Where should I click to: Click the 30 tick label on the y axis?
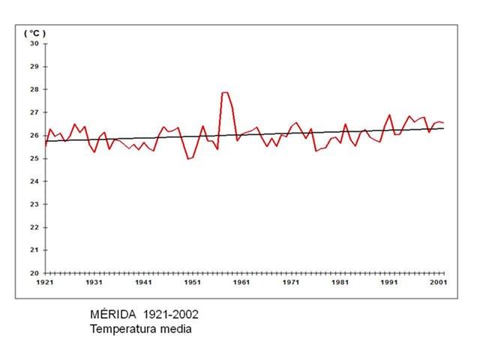pyautogui.click(x=34, y=43)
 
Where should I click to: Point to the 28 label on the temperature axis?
pyautogui.click(x=34, y=89)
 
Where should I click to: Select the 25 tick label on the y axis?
pyautogui.click(x=34, y=158)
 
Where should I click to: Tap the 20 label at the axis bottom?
pyautogui.click(x=34, y=273)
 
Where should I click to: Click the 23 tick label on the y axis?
pyautogui.click(x=34, y=204)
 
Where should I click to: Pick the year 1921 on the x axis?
pyautogui.click(x=46, y=283)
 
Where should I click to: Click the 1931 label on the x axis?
pyautogui.click(x=94, y=283)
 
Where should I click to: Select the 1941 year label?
pyautogui.click(x=144, y=283)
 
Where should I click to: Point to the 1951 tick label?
pyautogui.click(x=193, y=283)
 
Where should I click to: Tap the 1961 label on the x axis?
pyautogui.click(x=242, y=283)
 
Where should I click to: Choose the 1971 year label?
pyautogui.click(x=291, y=283)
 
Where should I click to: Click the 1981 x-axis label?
pyautogui.click(x=340, y=283)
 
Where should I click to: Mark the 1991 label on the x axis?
pyautogui.click(x=389, y=283)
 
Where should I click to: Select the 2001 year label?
pyautogui.click(x=439, y=283)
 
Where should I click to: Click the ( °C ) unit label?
pyautogui.click(x=35, y=33)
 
